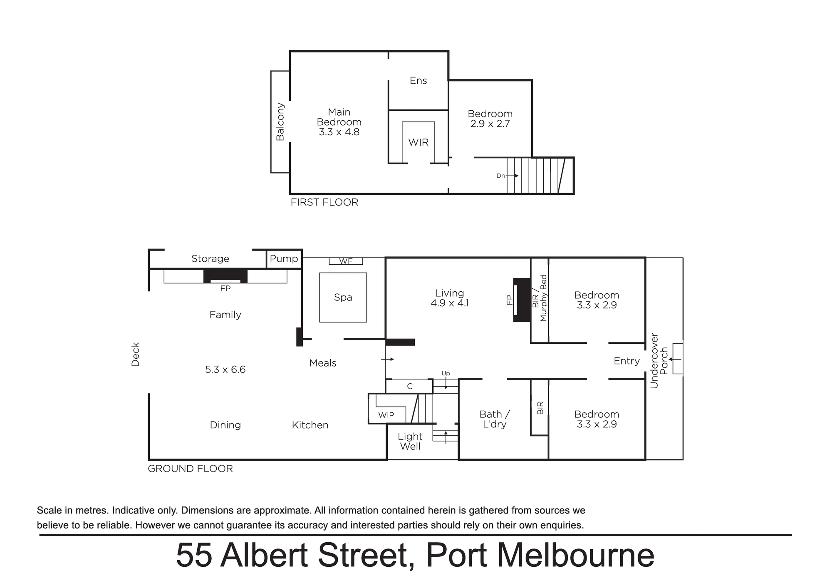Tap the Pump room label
[x=284, y=259]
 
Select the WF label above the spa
[x=346, y=261]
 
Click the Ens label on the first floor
[x=418, y=81]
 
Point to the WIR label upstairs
[x=418, y=142]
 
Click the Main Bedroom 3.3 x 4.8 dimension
[x=339, y=132]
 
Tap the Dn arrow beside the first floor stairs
[x=513, y=176]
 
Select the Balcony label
[x=280, y=122]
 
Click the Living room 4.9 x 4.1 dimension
[x=449, y=303]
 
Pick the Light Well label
[x=410, y=442]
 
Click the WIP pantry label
[x=386, y=415]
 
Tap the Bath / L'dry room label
[x=495, y=419]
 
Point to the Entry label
[x=626, y=361]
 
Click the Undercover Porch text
[x=659, y=361]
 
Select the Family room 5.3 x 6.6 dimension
[x=225, y=370]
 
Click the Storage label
[x=210, y=259]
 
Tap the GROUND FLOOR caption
[x=190, y=469]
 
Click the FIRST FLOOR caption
[x=324, y=202]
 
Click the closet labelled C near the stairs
[x=410, y=386]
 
